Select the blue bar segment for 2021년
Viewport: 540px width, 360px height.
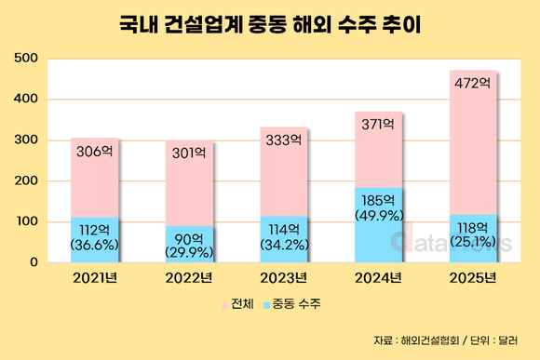pos(95,239)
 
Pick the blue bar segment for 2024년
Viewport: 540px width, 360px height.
pos(378,224)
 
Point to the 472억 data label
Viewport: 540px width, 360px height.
pos(472,84)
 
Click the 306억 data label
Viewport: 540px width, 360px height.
pos(94,151)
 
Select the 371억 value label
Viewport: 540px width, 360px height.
pos(377,125)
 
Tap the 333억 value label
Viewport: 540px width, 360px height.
pos(283,140)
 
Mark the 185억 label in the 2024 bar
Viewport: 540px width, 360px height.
pos(378,200)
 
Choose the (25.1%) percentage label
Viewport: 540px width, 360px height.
pos(472,243)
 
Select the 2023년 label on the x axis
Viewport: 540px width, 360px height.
pos(283,277)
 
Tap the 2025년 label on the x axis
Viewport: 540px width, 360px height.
pos(472,277)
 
